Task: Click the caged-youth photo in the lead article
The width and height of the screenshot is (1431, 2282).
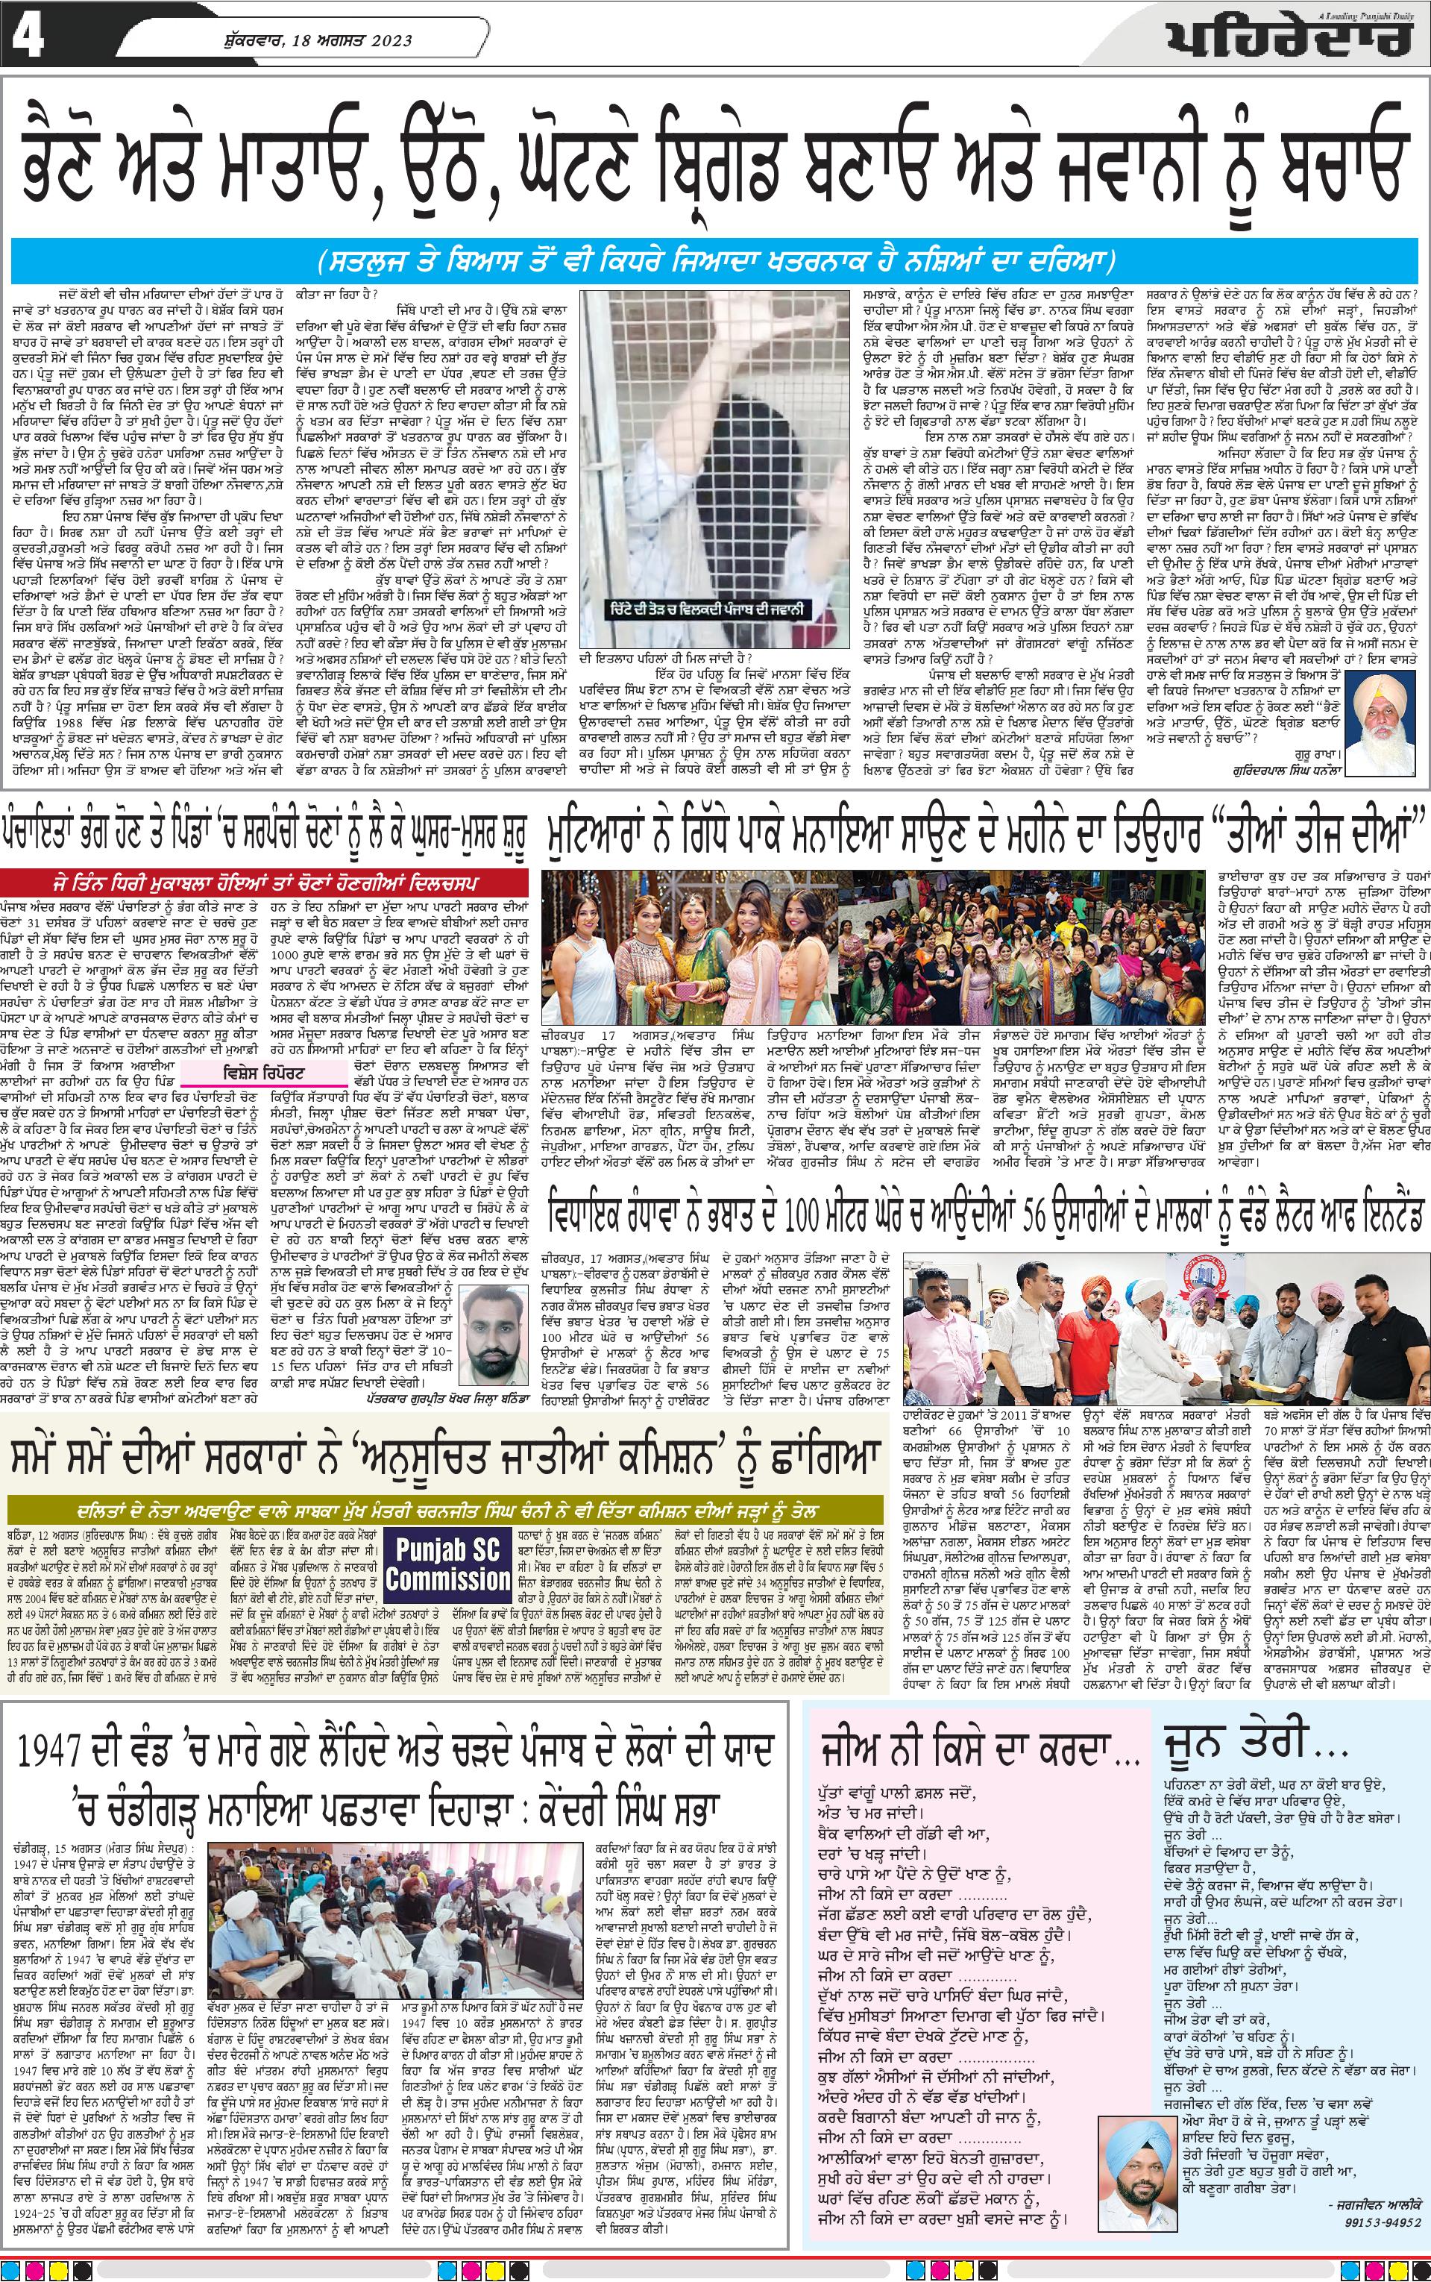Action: (716, 468)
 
